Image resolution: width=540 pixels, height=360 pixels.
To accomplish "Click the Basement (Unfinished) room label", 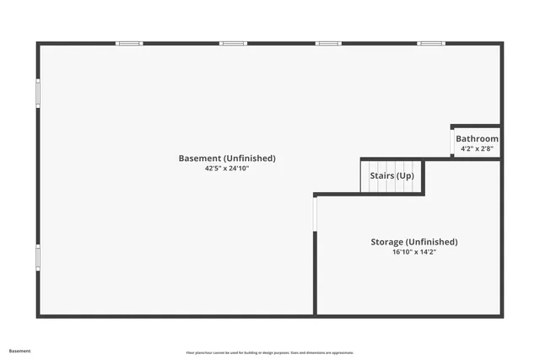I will pyautogui.click(x=227, y=159).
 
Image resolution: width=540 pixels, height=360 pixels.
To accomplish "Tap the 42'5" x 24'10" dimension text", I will pyautogui.click(x=227, y=169).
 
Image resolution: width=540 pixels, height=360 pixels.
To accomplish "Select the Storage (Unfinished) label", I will pyautogui.click(x=414, y=242).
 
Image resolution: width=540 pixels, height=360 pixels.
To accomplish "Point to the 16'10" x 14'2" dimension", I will pyautogui.click(x=414, y=252).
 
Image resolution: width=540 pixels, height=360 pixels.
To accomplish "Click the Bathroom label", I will pyautogui.click(x=477, y=139).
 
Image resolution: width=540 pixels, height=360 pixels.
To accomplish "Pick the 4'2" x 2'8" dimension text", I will pyautogui.click(x=477, y=149).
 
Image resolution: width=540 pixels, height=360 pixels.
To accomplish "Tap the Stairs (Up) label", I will pyautogui.click(x=392, y=175).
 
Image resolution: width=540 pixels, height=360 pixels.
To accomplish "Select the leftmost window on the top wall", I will pyautogui.click(x=129, y=43).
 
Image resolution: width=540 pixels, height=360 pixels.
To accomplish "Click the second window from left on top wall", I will pyautogui.click(x=233, y=43).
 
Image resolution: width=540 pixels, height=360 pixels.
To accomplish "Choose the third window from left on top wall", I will pyautogui.click(x=328, y=43).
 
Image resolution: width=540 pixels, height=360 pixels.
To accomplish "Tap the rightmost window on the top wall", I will pyautogui.click(x=431, y=43).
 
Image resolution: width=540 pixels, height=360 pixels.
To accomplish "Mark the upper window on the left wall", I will pyautogui.click(x=37, y=93).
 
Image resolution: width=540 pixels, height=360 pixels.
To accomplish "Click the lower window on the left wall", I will pyautogui.click(x=37, y=257).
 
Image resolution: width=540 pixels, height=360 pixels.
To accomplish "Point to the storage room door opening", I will pyautogui.click(x=315, y=212).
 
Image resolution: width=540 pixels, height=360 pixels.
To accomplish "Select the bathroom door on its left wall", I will pyautogui.click(x=451, y=143).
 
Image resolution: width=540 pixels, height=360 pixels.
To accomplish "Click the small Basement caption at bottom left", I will pyautogui.click(x=20, y=351).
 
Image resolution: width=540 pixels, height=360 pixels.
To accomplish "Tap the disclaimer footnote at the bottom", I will pyautogui.click(x=270, y=352).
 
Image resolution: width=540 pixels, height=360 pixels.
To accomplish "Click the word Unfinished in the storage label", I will pyautogui.click(x=431, y=242).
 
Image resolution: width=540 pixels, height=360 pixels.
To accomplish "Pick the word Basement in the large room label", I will pyautogui.click(x=200, y=159).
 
